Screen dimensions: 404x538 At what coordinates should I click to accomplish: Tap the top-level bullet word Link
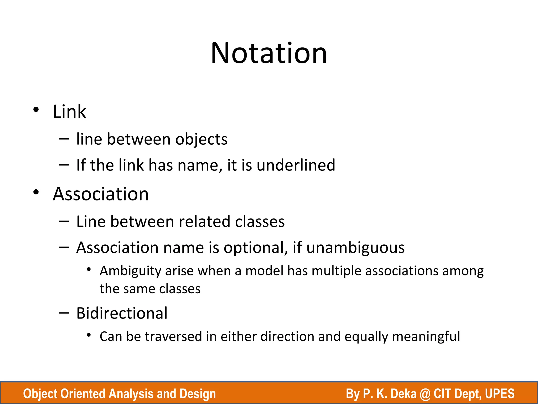69,112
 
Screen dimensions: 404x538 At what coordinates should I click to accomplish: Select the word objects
201,139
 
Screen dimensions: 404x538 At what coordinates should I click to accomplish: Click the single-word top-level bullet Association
101,194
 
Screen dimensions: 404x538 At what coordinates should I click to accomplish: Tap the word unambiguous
355,248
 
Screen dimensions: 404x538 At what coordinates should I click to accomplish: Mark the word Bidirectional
122,313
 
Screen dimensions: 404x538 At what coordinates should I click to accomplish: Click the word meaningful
426,336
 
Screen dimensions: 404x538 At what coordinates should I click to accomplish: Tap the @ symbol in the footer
425,394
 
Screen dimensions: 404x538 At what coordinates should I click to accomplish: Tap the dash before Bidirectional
64,313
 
